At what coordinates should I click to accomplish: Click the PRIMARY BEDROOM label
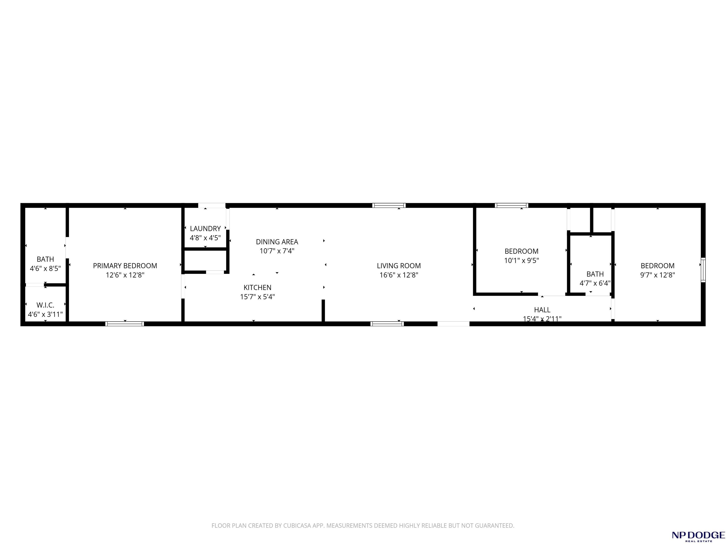[125, 266]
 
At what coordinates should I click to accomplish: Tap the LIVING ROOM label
[399, 266]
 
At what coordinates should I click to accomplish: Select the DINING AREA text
[277, 242]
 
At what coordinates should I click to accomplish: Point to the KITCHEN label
[257, 288]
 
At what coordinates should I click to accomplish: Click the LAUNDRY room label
[205, 229]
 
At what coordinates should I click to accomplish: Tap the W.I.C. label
[45, 305]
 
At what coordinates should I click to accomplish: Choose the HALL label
[542, 310]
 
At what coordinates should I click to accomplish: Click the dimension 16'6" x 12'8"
[399, 275]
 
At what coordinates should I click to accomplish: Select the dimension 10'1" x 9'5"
[522, 261]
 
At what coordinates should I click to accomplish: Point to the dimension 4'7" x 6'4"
[595, 283]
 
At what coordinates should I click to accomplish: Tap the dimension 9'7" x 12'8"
[657, 275]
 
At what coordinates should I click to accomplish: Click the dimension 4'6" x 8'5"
[45, 268]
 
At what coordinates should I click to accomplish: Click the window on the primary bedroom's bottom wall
[125, 324]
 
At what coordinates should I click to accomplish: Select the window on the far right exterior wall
[703, 270]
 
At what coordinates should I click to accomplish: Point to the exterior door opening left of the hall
[453, 324]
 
